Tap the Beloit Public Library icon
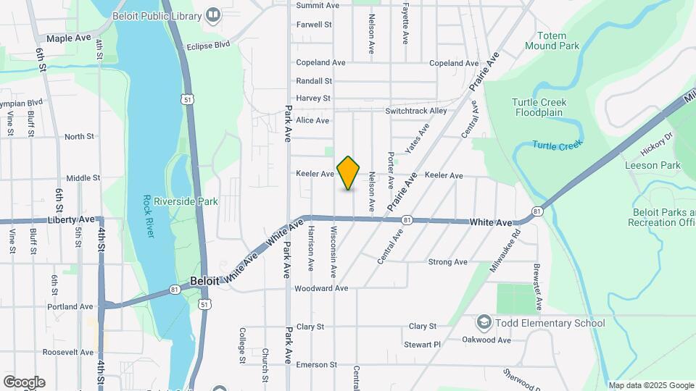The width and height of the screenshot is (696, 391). coord(213,14)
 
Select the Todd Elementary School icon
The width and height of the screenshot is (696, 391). coord(484,322)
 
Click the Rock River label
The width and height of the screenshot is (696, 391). coord(149,216)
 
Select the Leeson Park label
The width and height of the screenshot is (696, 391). coord(652,165)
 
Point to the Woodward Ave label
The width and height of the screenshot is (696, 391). coord(321,288)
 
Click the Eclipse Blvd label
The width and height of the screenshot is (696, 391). coord(207,45)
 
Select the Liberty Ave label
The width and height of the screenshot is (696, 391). coord(71,219)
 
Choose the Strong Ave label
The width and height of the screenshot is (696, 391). coord(450,262)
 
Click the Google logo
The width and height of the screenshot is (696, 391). coord(24,382)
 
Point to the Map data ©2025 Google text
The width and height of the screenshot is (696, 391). coord(651,385)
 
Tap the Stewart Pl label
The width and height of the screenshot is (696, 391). coord(422,345)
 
